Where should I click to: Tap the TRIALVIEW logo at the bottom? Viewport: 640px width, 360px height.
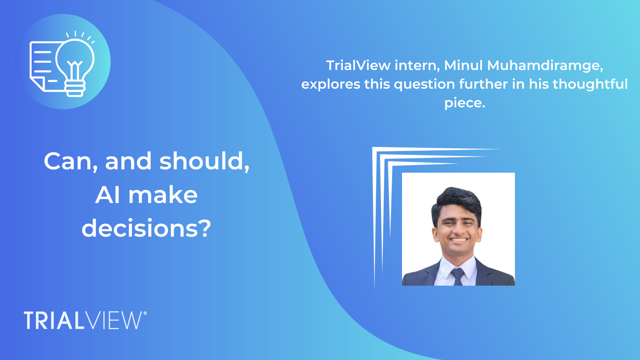pos(83,321)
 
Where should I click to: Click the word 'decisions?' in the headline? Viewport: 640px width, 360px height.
pos(146,229)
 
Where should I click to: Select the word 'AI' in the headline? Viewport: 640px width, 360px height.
pos(107,195)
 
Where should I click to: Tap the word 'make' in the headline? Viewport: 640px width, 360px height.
pos(163,195)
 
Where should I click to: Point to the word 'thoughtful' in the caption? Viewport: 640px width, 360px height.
pos(590,84)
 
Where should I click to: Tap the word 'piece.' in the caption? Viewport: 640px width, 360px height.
pos(465,103)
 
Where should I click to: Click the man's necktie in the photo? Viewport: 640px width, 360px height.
pos(458,277)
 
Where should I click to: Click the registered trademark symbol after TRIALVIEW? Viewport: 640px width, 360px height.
pos(145,313)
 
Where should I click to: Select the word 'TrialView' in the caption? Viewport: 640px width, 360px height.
pos(358,65)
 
